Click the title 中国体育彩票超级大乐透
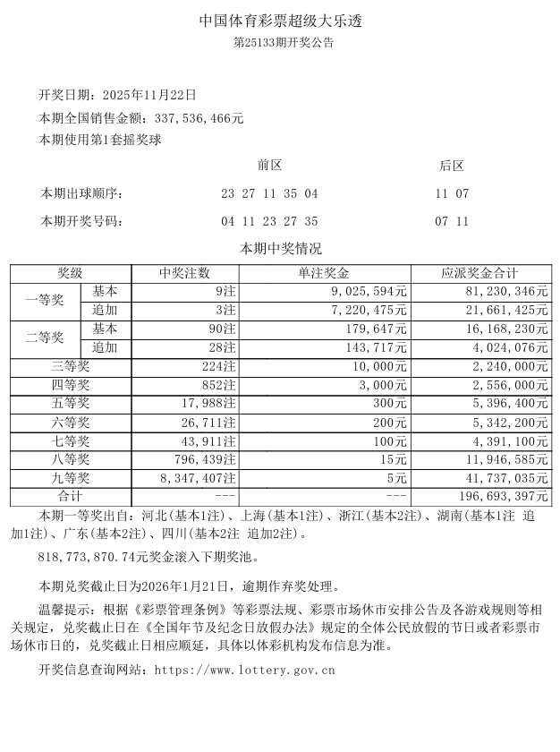click(x=280, y=20)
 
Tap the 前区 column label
click(x=269, y=166)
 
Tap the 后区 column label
click(x=452, y=166)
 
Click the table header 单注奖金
click(x=325, y=274)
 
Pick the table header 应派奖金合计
click(x=480, y=274)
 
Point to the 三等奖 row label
click(x=71, y=366)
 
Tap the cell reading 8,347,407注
click(x=198, y=478)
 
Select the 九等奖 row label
click(x=71, y=478)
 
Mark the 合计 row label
click(x=71, y=497)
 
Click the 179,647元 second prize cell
click(x=374, y=329)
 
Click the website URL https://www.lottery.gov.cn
click(x=244, y=669)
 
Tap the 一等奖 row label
click(x=45, y=301)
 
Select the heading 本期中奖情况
click(x=280, y=249)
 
